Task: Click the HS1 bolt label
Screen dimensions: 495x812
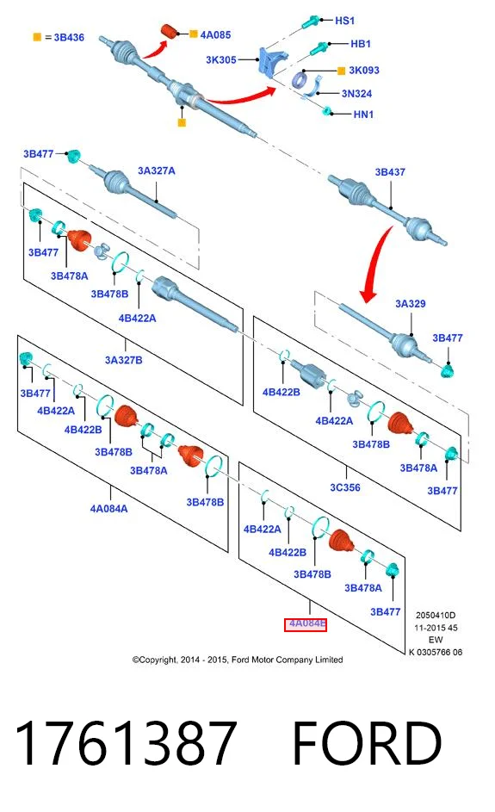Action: pos(345,21)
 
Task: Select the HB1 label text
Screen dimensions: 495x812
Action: pos(361,44)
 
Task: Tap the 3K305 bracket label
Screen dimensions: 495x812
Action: pos(221,59)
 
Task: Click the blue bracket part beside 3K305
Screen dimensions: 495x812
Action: pos(272,62)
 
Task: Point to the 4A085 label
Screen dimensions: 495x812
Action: pos(215,34)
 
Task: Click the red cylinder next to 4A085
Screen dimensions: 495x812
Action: pos(168,31)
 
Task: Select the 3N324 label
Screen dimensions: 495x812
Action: pos(356,94)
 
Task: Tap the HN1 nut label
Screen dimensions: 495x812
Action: pos(363,114)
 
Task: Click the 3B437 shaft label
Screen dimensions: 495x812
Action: pos(390,172)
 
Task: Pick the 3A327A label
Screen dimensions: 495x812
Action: pos(157,170)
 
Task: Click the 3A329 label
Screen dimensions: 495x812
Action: pos(410,303)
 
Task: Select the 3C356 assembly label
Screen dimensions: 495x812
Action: pos(345,487)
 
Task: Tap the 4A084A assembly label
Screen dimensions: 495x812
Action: pos(108,509)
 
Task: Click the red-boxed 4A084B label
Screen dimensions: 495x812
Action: pos(306,624)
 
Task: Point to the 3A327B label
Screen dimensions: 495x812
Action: pos(124,360)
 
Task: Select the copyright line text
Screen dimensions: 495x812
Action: pos(238,660)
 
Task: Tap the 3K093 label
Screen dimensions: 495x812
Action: pos(364,70)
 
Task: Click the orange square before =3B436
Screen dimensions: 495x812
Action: pos(37,37)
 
